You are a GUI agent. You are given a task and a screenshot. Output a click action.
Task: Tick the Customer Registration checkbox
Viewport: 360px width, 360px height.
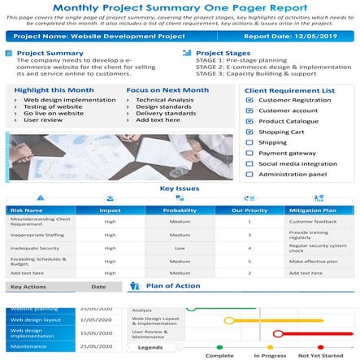[x=249, y=100]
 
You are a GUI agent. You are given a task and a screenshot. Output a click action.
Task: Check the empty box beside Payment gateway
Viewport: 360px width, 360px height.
[x=249, y=153]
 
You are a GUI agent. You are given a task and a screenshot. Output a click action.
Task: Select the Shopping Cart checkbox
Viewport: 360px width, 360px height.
[x=249, y=132]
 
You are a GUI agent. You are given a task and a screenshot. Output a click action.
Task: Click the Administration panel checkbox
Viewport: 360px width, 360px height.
[x=249, y=174]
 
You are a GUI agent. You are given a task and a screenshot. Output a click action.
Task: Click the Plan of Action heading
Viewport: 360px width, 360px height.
[x=172, y=286]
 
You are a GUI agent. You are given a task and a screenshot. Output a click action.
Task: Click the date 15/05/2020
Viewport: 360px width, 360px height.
[x=95, y=332]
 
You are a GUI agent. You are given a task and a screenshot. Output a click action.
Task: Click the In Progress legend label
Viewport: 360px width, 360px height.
[x=269, y=355]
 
